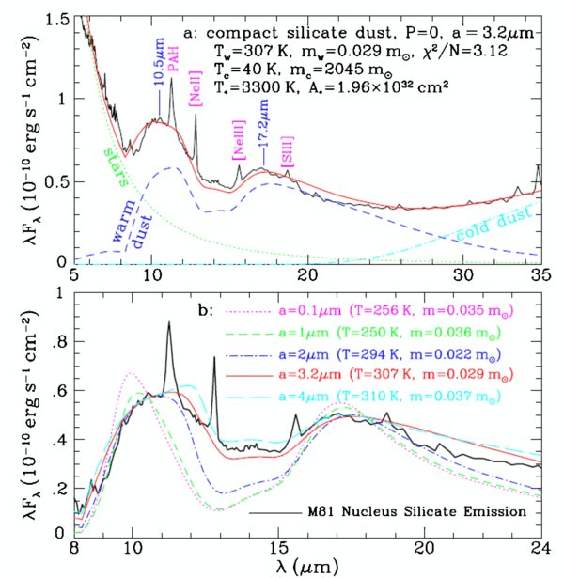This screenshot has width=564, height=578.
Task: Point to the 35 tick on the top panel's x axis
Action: point(539,277)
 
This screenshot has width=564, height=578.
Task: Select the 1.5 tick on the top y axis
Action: point(62,20)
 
